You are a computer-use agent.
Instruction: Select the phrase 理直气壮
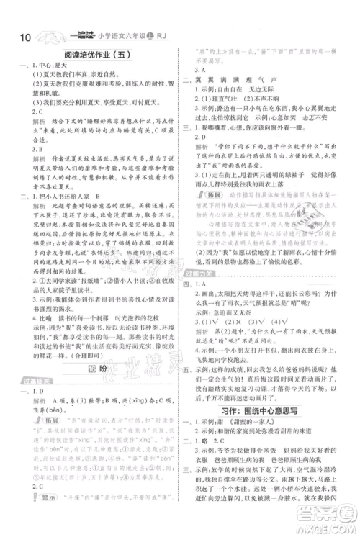(228, 99)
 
